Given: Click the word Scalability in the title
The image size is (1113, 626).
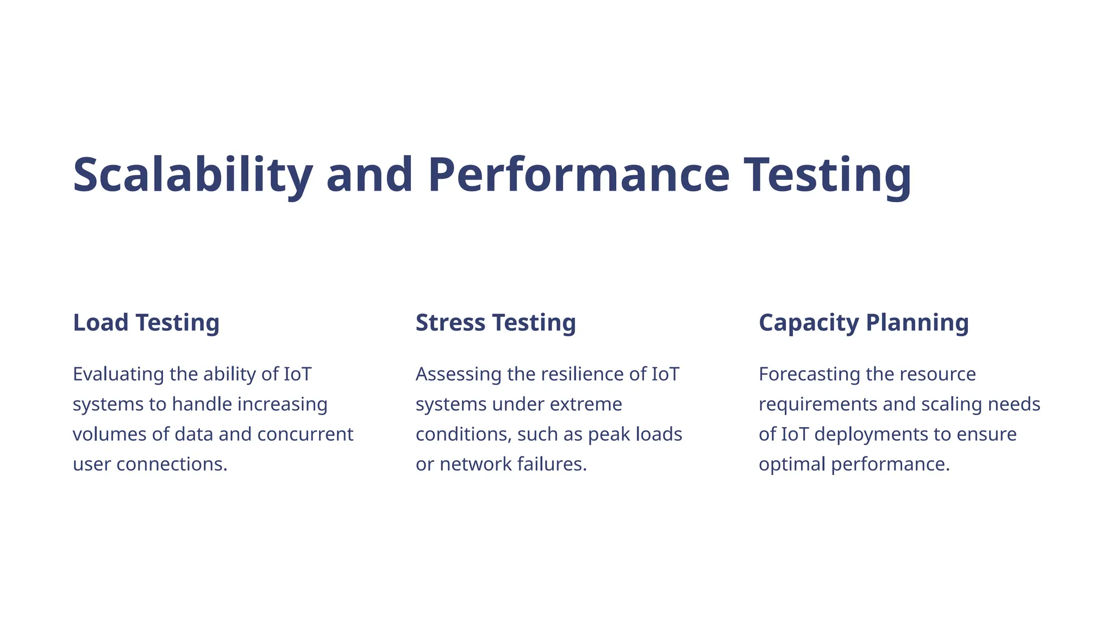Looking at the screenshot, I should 192,175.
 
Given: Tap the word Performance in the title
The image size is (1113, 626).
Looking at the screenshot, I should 578,175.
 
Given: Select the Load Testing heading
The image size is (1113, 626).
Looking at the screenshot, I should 146,323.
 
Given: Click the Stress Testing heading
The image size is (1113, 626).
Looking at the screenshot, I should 496,323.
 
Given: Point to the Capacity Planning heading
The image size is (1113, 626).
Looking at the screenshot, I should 864,323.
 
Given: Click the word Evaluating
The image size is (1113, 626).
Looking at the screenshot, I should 118,374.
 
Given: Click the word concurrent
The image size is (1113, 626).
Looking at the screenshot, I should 305,434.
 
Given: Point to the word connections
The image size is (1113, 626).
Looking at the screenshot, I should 172,464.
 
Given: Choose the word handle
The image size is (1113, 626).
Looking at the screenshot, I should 202,404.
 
